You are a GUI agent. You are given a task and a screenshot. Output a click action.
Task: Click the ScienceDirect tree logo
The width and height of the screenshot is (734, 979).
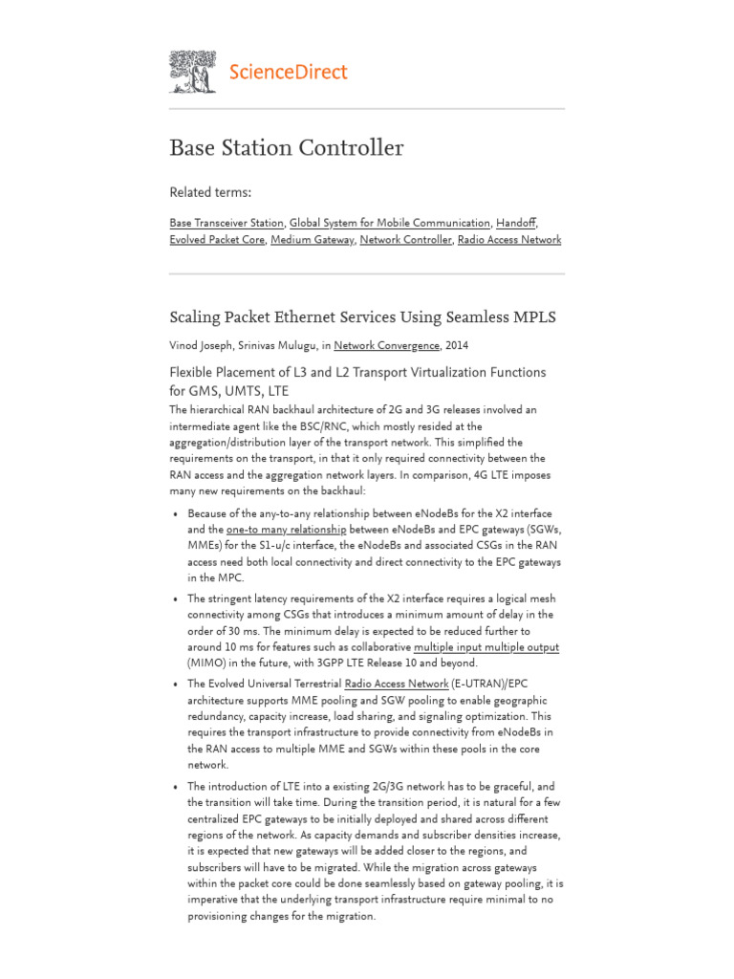coord(192,72)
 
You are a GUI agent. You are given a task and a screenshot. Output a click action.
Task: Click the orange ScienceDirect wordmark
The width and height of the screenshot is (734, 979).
coord(288,72)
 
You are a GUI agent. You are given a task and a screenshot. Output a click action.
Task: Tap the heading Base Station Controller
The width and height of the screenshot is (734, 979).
coord(286,148)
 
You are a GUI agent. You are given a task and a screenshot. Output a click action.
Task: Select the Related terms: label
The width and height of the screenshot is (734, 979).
coord(209,192)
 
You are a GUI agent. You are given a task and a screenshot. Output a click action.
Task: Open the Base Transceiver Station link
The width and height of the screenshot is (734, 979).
coord(227,222)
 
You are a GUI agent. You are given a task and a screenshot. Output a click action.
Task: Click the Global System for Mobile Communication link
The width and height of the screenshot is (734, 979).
coord(391,222)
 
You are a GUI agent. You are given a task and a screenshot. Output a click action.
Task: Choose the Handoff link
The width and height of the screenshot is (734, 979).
coord(520,222)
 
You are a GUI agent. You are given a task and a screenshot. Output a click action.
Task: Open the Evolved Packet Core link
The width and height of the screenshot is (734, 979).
coord(217,240)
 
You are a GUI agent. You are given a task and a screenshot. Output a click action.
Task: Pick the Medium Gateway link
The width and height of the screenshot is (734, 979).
coord(313,240)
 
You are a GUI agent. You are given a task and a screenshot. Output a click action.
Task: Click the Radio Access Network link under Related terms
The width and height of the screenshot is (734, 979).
coord(509,240)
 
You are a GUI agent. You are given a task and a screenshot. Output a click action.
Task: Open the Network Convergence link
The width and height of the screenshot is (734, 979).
coord(387,345)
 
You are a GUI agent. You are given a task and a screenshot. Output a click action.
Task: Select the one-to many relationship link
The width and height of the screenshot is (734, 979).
coord(286,529)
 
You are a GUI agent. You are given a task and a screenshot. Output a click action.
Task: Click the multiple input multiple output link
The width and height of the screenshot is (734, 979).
coord(486,647)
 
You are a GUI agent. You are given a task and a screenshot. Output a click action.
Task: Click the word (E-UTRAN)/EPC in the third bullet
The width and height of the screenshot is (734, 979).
coord(486,684)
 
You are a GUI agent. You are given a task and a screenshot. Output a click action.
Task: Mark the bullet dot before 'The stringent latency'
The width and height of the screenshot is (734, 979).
coord(176,598)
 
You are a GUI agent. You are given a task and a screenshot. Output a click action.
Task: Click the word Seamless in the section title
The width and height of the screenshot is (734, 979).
coord(472,316)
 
